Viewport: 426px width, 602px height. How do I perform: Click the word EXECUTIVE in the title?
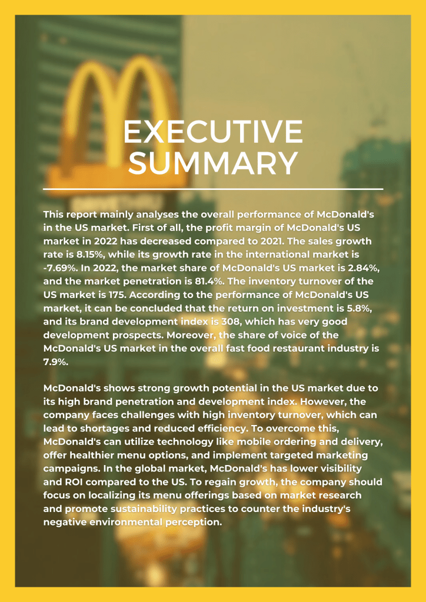tap(212, 132)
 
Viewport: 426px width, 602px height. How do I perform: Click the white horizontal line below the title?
tap(212, 189)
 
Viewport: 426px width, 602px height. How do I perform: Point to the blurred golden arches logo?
tap(118, 88)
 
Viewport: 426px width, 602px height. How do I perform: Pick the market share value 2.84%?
tap(342, 267)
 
